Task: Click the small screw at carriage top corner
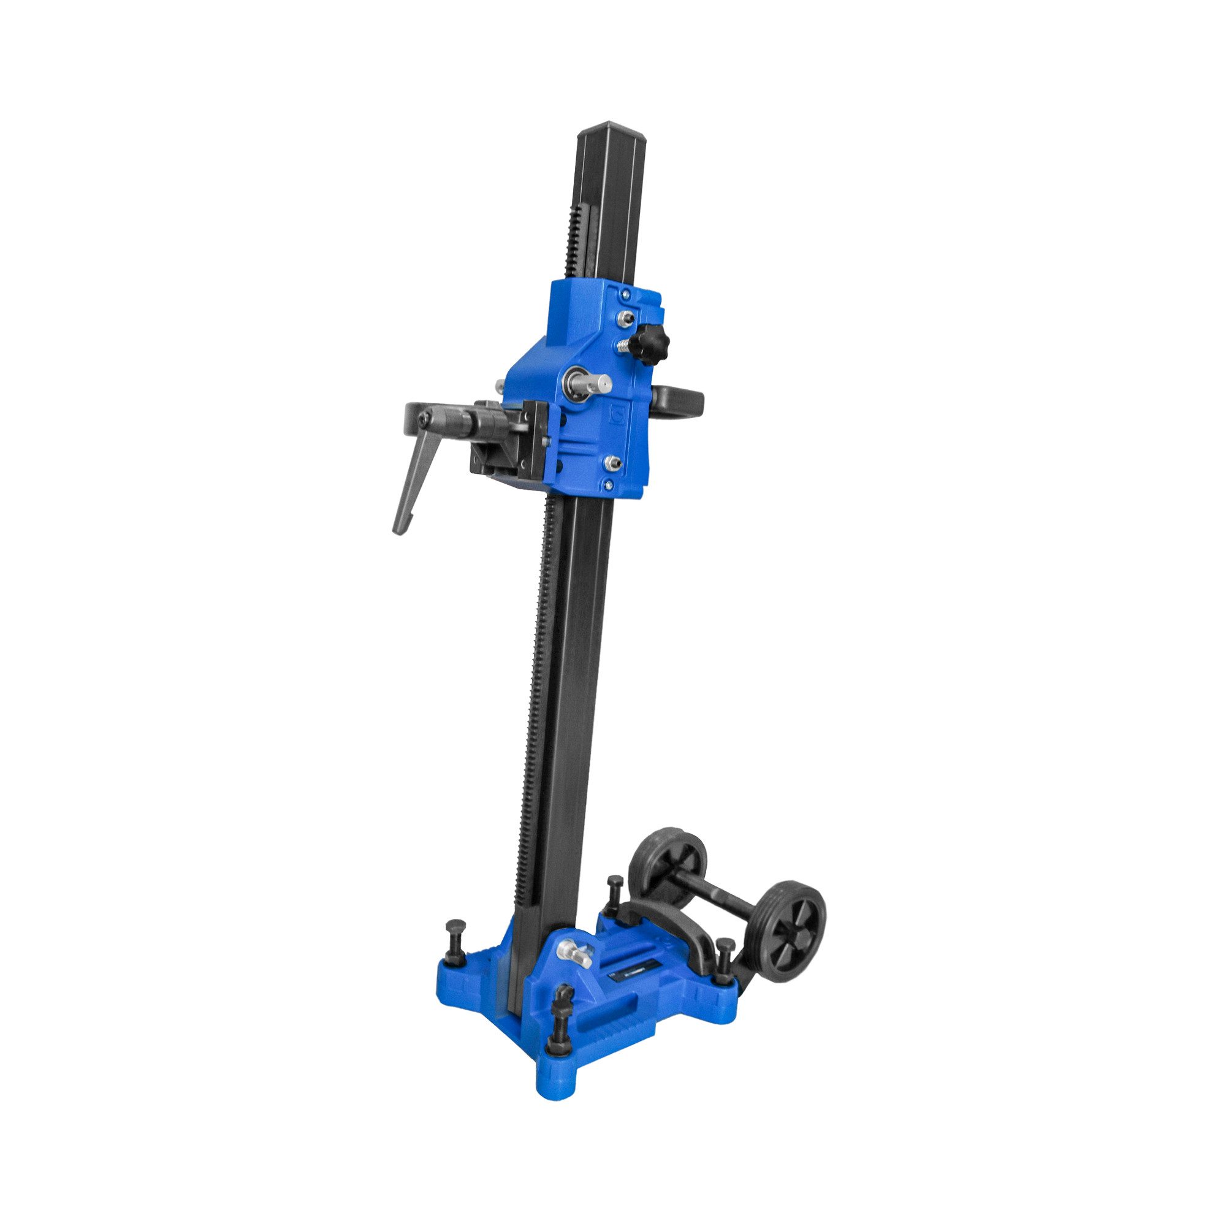(626, 294)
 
